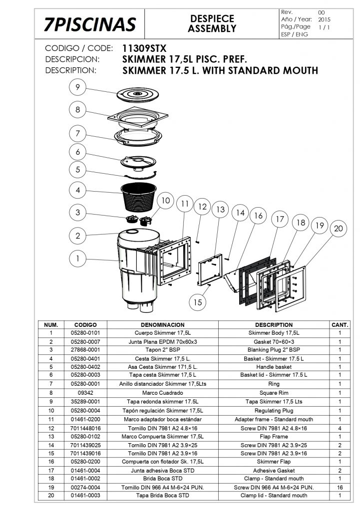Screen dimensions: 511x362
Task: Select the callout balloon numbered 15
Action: pos(198,302)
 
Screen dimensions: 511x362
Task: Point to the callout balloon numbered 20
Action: pos(338,229)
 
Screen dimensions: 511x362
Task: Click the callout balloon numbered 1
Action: pos(78,258)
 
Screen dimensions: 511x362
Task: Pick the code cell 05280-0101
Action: pos(85,332)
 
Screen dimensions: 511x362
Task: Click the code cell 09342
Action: pos(85,393)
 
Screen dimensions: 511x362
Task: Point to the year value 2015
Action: pos(324,19)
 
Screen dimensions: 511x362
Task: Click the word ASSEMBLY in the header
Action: pos(212,29)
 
